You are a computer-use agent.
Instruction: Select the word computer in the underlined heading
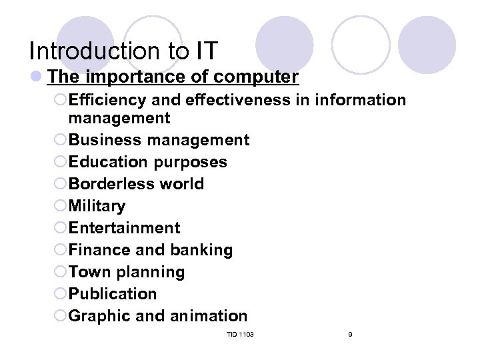(x=256, y=77)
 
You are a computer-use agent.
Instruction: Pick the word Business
(x=105, y=140)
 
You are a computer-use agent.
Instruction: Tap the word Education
(x=109, y=162)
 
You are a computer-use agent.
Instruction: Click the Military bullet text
(x=97, y=206)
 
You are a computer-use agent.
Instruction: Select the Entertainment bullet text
(x=125, y=228)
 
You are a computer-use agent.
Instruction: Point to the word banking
(x=201, y=250)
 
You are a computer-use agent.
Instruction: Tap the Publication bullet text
(x=113, y=294)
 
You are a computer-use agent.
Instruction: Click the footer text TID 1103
(x=240, y=334)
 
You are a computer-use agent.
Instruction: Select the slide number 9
(x=350, y=334)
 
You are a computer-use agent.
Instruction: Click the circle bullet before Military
(x=60, y=207)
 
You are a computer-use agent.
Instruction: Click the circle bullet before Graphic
(x=60, y=317)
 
